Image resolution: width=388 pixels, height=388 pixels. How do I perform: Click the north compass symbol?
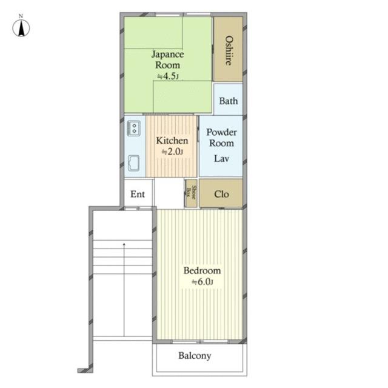pyautogui.click(x=21, y=28)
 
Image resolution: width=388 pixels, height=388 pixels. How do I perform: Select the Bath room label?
pyautogui.click(x=229, y=101)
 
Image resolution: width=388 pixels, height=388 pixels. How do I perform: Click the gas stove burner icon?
pyautogui.click(x=133, y=128)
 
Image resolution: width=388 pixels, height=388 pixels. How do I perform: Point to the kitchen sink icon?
pyautogui.click(x=133, y=163)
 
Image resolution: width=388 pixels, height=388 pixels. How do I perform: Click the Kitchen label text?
pyautogui.click(x=172, y=141)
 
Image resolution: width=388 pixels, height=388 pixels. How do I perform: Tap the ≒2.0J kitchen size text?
pyautogui.click(x=172, y=152)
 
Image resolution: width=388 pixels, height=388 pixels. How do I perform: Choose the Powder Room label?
pyautogui.click(x=221, y=138)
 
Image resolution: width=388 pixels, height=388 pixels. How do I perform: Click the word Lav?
pyautogui.click(x=221, y=158)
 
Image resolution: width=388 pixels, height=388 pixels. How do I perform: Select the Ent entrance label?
pyautogui.click(x=138, y=194)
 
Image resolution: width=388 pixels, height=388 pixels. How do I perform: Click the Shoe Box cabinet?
pyautogui.click(x=191, y=193)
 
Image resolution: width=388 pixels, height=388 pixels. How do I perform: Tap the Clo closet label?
pyautogui.click(x=221, y=194)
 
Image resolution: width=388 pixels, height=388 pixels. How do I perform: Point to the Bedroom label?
pyautogui.click(x=202, y=270)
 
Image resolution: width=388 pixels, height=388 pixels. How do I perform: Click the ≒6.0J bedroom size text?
pyautogui.click(x=202, y=281)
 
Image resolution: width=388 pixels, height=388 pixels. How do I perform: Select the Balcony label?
pyautogui.click(x=195, y=356)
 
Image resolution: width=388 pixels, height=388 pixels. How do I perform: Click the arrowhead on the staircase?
pyautogui.click(x=124, y=244)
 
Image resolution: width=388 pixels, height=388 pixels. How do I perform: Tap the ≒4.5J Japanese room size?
pyautogui.click(x=168, y=76)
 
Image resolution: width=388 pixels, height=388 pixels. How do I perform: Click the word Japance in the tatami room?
pyautogui.click(x=167, y=55)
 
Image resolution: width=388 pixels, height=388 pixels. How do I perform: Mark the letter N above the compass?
pyautogui.click(x=21, y=16)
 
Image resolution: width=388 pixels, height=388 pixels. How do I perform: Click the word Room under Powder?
pyautogui.click(x=221, y=143)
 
